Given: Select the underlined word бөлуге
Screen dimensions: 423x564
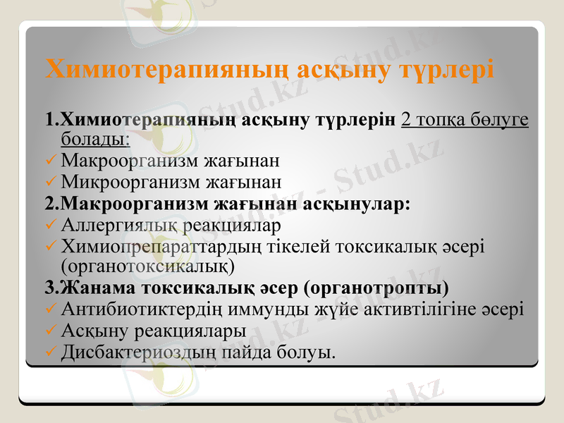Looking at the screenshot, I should click(499, 119).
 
